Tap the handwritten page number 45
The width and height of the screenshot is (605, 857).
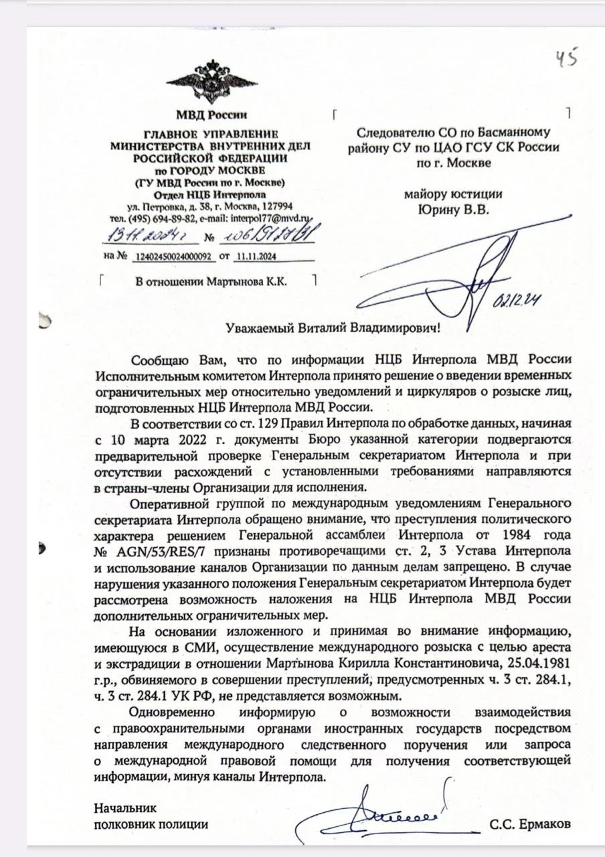566,59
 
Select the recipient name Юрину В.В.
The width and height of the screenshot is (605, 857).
453,210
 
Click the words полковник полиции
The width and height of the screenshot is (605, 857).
151,824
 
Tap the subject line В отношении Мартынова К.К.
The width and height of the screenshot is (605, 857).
211,282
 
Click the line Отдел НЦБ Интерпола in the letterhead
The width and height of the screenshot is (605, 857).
210,195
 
